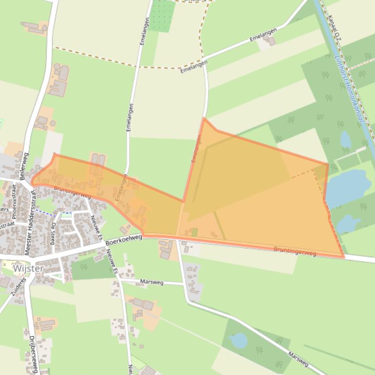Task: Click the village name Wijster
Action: click(28, 268)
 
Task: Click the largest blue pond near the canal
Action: click(348, 187)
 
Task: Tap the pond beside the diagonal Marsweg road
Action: click(239, 340)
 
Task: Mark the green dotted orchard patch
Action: click(162, 16)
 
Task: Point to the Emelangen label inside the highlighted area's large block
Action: click(196, 148)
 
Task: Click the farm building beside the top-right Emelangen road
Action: click(270, 41)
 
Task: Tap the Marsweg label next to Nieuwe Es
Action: click(155, 282)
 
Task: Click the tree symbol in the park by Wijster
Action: click(84, 267)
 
